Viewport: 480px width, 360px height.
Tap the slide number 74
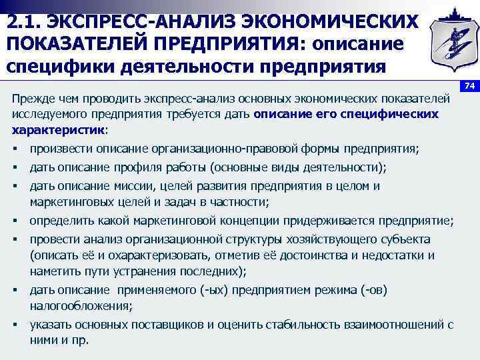point(469,85)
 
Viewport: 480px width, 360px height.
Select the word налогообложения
point(80,305)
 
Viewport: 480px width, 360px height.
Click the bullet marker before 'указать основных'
point(15,325)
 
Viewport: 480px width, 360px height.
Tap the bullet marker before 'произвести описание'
point(15,148)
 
